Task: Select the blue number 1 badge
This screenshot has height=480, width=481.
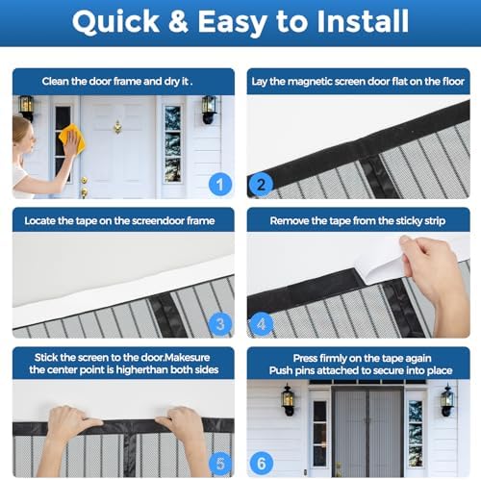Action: click(x=219, y=182)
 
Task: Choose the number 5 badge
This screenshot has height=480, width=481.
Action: click(x=219, y=462)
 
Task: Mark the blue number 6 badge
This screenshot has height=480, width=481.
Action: click(x=260, y=462)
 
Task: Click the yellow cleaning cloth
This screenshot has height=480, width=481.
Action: click(x=72, y=140)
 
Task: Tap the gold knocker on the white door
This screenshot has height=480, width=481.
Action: click(x=117, y=126)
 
